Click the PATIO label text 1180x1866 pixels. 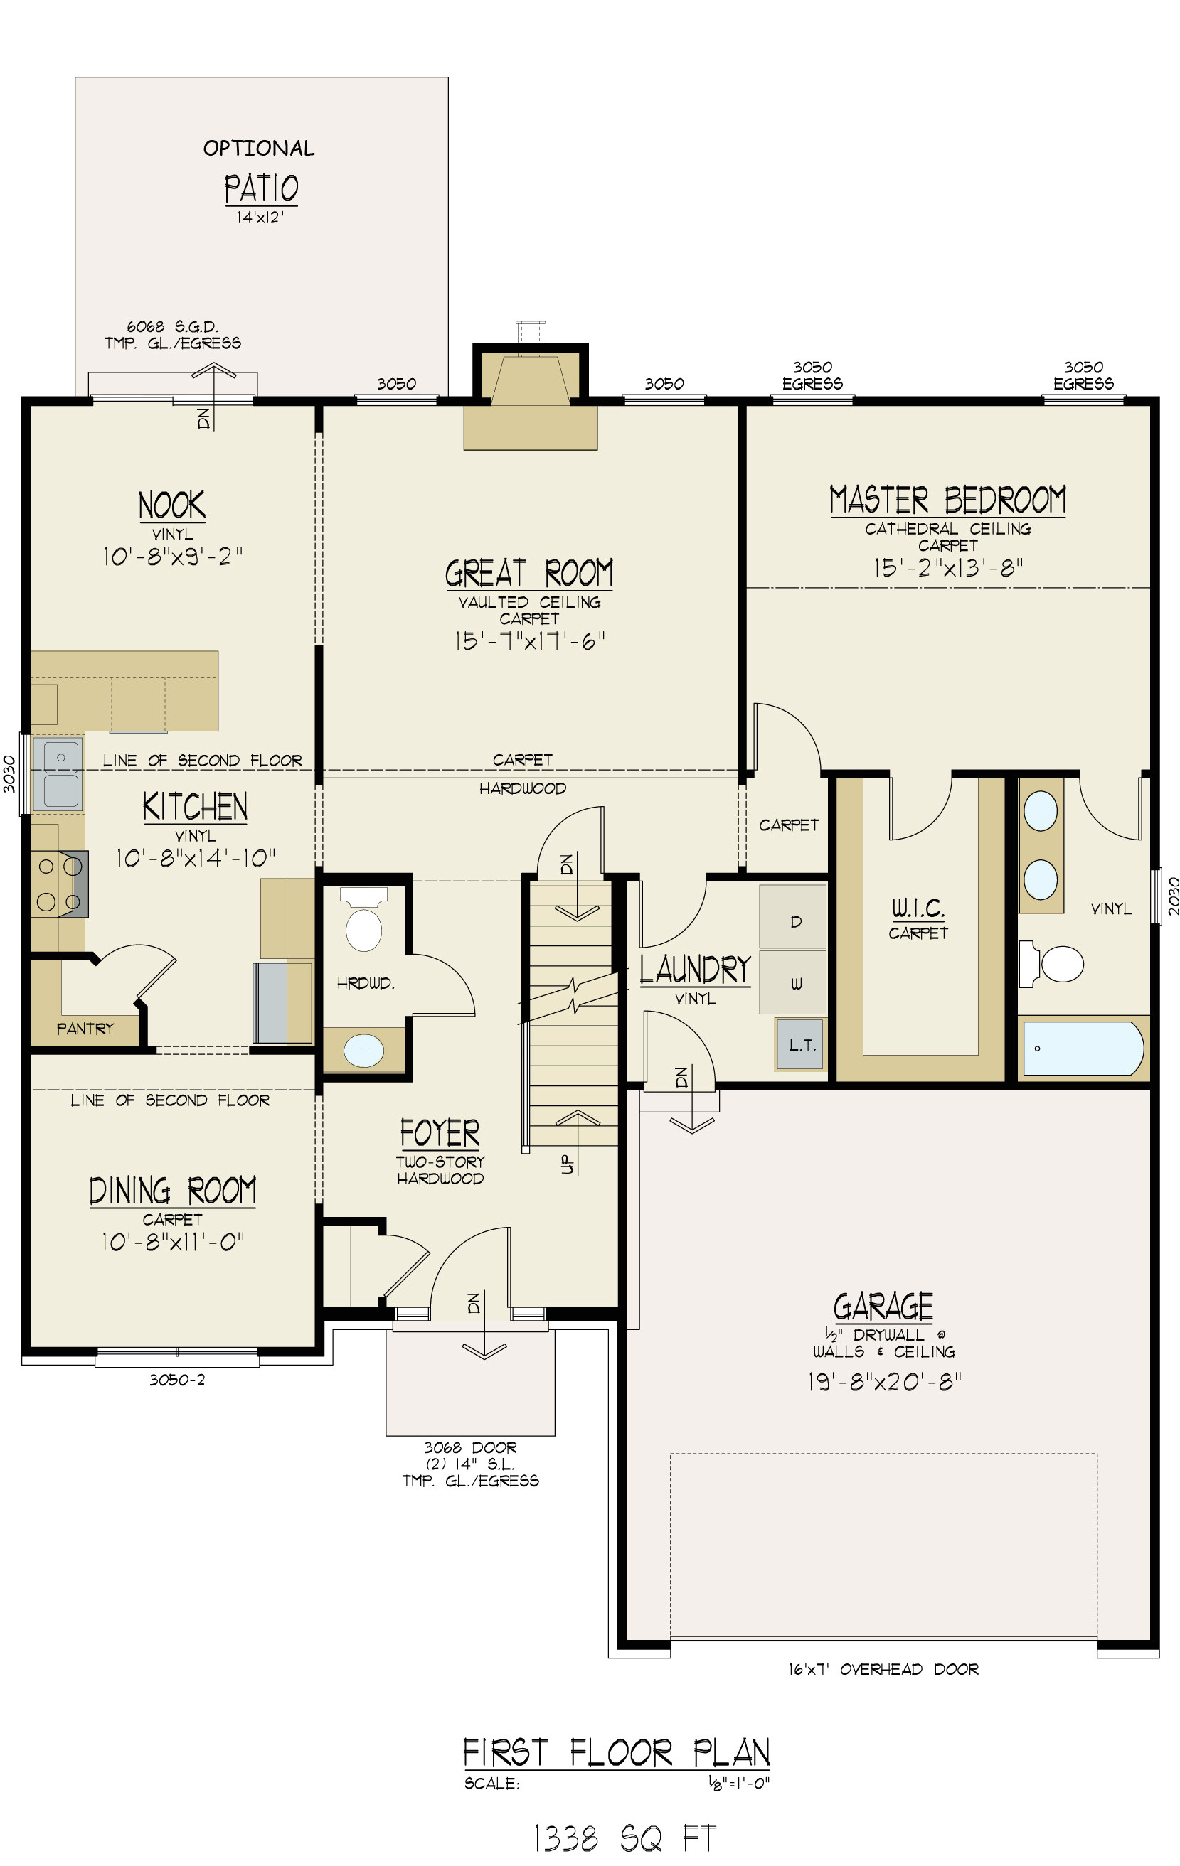click(x=261, y=188)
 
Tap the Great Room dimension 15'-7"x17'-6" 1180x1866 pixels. click(x=528, y=642)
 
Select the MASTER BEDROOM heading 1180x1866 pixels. click(x=947, y=500)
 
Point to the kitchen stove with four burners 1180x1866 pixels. click(x=59, y=884)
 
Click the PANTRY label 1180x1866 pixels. click(x=85, y=1029)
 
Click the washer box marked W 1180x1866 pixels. click(x=793, y=983)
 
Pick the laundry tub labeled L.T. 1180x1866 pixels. click(x=800, y=1044)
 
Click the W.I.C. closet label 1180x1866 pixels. click(x=918, y=908)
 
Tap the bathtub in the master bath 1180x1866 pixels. click(x=1083, y=1049)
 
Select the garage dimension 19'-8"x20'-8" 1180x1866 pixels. click(x=884, y=1382)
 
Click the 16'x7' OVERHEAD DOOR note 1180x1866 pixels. click(x=883, y=1669)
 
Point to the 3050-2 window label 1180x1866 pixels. click(x=177, y=1379)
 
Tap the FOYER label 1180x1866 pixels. click(x=440, y=1133)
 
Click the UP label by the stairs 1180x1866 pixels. click(x=567, y=1164)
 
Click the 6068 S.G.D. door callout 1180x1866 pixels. click(x=172, y=327)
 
